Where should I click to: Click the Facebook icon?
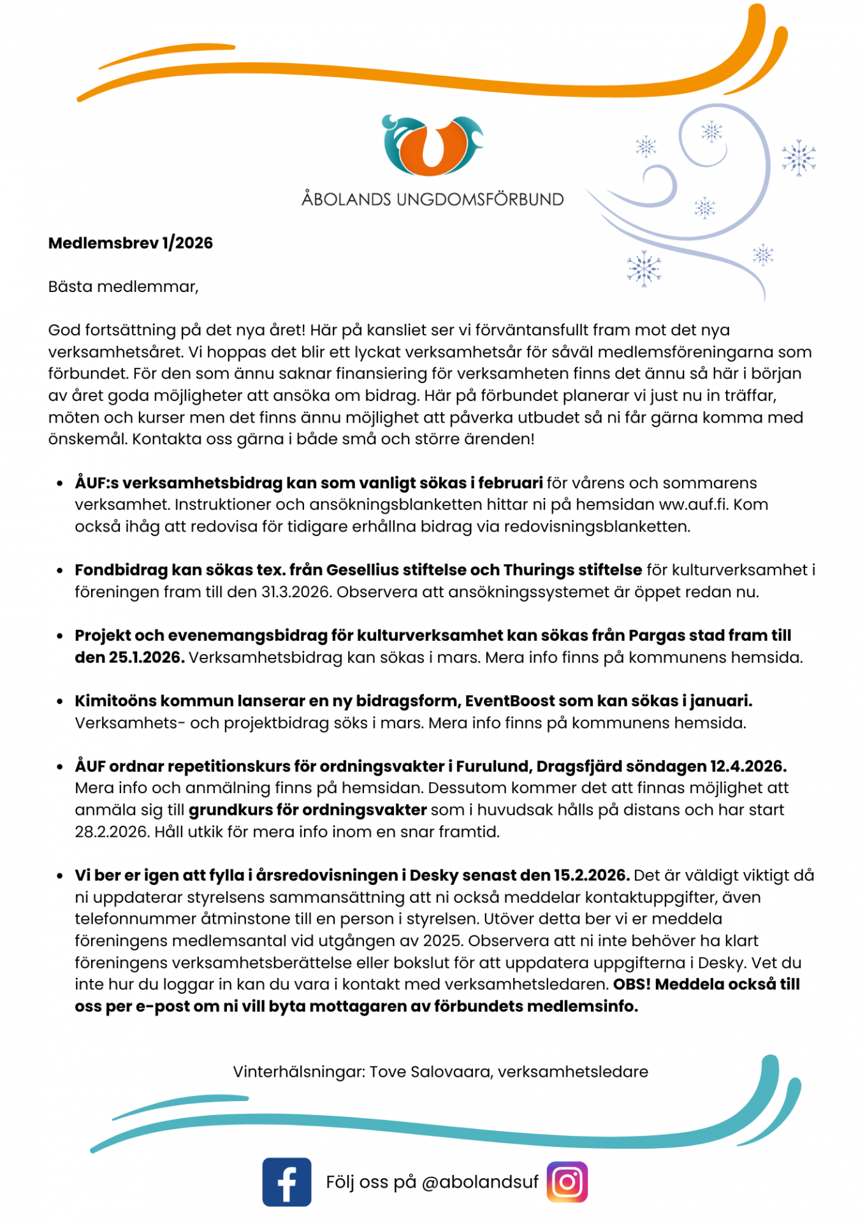click(x=287, y=1182)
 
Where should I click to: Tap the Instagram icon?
click(x=567, y=1182)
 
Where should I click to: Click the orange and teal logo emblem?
click(x=432, y=145)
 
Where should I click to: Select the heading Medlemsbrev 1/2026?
click(x=131, y=243)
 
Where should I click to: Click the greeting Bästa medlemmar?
click(x=123, y=287)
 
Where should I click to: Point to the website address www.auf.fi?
click(x=694, y=504)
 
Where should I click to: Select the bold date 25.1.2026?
click(x=130, y=657)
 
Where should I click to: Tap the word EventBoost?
click(x=510, y=701)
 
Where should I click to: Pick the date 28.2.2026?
click(x=112, y=832)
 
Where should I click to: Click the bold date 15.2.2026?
click(x=591, y=875)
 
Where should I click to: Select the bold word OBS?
click(x=632, y=984)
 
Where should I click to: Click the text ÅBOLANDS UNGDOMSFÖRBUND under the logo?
click(x=432, y=200)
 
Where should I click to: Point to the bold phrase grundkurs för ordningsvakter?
click(x=307, y=810)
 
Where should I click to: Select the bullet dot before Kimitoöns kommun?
click(x=60, y=701)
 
